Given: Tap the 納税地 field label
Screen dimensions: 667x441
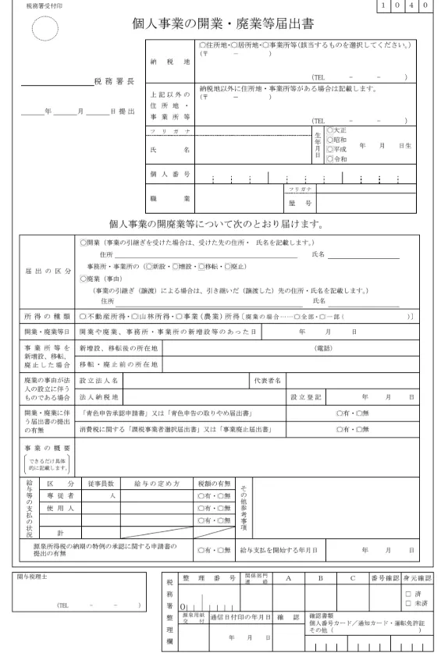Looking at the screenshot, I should coord(169,61).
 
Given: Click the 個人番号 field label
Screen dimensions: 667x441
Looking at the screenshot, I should coord(169,172).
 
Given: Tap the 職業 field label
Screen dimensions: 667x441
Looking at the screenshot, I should coord(169,199).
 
